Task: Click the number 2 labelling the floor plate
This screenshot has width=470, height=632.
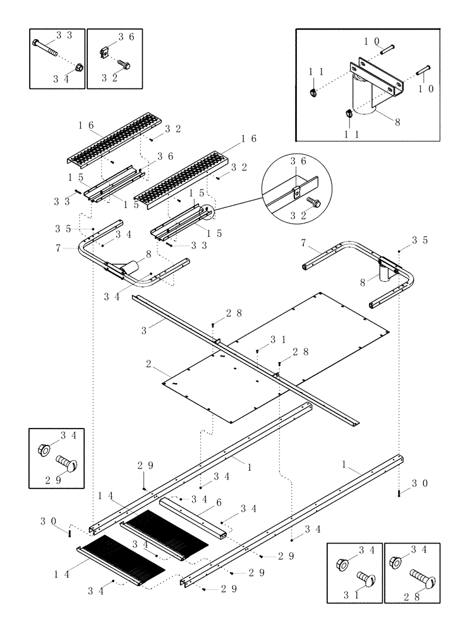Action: (148, 365)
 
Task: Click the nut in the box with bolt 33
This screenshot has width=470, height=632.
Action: (78, 66)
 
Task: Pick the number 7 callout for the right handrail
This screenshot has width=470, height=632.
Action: (304, 243)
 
